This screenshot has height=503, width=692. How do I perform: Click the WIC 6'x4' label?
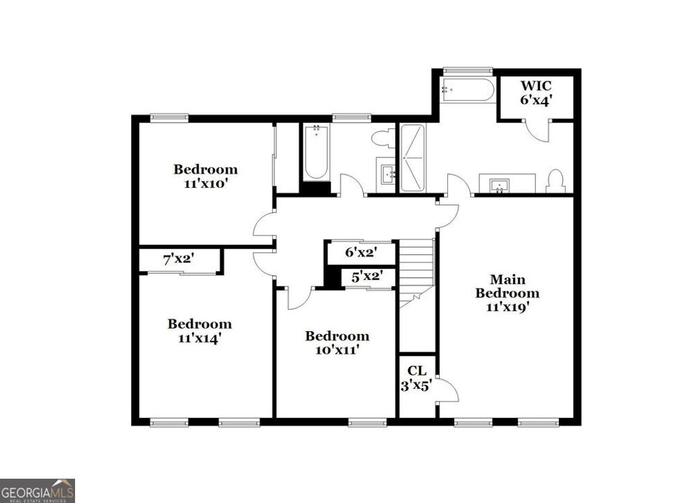[536, 93]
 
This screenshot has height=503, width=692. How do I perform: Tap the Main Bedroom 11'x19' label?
[507, 293]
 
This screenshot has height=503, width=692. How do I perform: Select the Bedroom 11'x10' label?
[205, 176]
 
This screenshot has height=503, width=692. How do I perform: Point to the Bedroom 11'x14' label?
[199, 331]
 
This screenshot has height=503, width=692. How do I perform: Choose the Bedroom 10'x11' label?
[337, 343]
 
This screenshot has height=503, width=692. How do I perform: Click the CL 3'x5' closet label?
[416, 378]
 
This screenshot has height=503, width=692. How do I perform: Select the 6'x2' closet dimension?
[361, 253]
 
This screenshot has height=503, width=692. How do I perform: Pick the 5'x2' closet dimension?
[368, 276]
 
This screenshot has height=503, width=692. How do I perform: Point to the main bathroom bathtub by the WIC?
[467, 90]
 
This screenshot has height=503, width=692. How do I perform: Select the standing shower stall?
[412, 157]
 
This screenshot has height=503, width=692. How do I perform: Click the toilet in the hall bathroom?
[384, 139]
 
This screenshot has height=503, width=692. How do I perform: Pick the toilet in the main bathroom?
[555, 181]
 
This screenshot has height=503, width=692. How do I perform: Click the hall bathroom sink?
[387, 174]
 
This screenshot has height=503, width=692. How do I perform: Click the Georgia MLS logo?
[37, 489]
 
